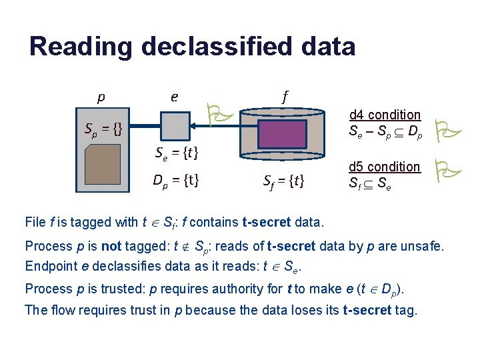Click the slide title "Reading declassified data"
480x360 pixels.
pyautogui.click(x=192, y=47)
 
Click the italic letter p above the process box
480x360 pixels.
pyautogui.click(x=101, y=97)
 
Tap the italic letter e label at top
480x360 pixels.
pyautogui.click(x=174, y=97)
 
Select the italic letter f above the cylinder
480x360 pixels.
pyautogui.click(x=285, y=97)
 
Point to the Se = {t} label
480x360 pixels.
pyautogui.click(x=177, y=154)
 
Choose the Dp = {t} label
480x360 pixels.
pyautogui.click(x=176, y=179)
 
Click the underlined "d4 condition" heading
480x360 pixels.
pyautogui.click(x=385, y=115)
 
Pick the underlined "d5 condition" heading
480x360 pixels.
pyautogui.click(x=385, y=166)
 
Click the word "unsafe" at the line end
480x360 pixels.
pyautogui.click(x=421, y=246)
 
